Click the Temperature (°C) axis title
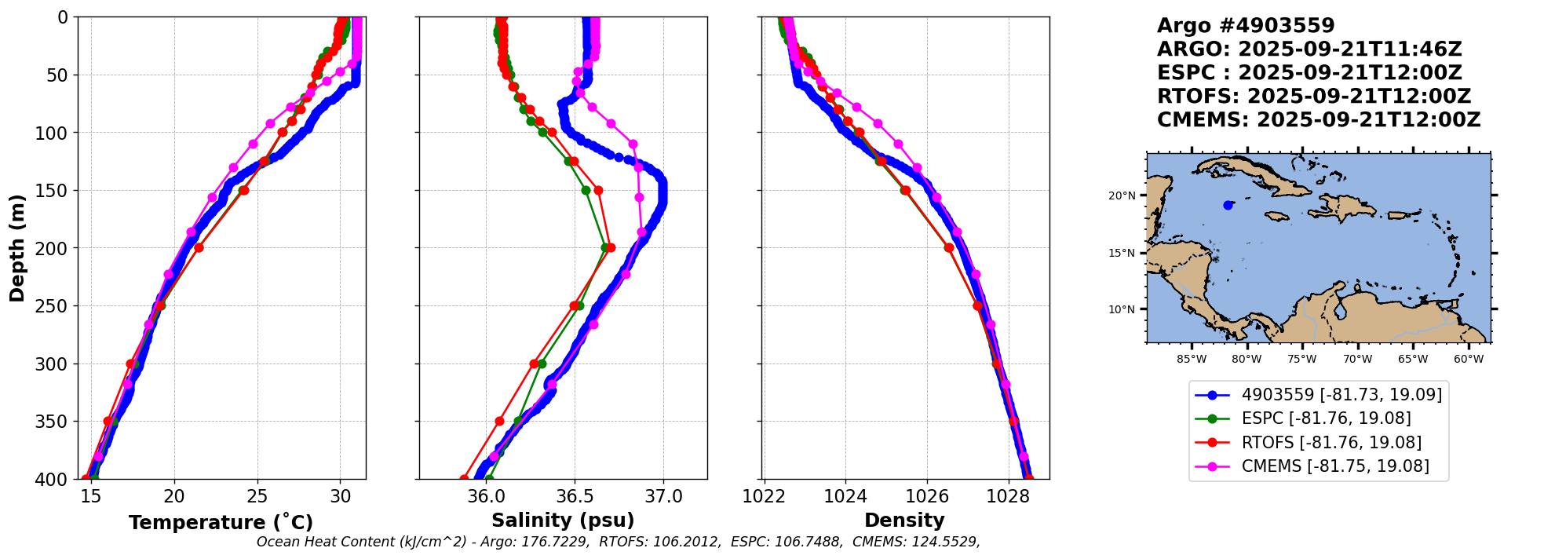[x=221, y=522]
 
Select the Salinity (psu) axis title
[x=563, y=521]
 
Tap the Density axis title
[x=904, y=521]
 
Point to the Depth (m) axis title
[x=17, y=248]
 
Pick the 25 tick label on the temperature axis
[x=257, y=496]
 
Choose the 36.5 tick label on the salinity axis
[x=575, y=496]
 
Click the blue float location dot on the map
[x=1228, y=205]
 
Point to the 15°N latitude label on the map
[x=1122, y=253]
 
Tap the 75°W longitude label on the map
[x=1301, y=360]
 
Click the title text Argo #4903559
[x=1246, y=26]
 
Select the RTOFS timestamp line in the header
[x=1314, y=97]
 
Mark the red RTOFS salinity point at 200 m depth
[x=611, y=248]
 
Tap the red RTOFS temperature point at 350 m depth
[x=108, y=422]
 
